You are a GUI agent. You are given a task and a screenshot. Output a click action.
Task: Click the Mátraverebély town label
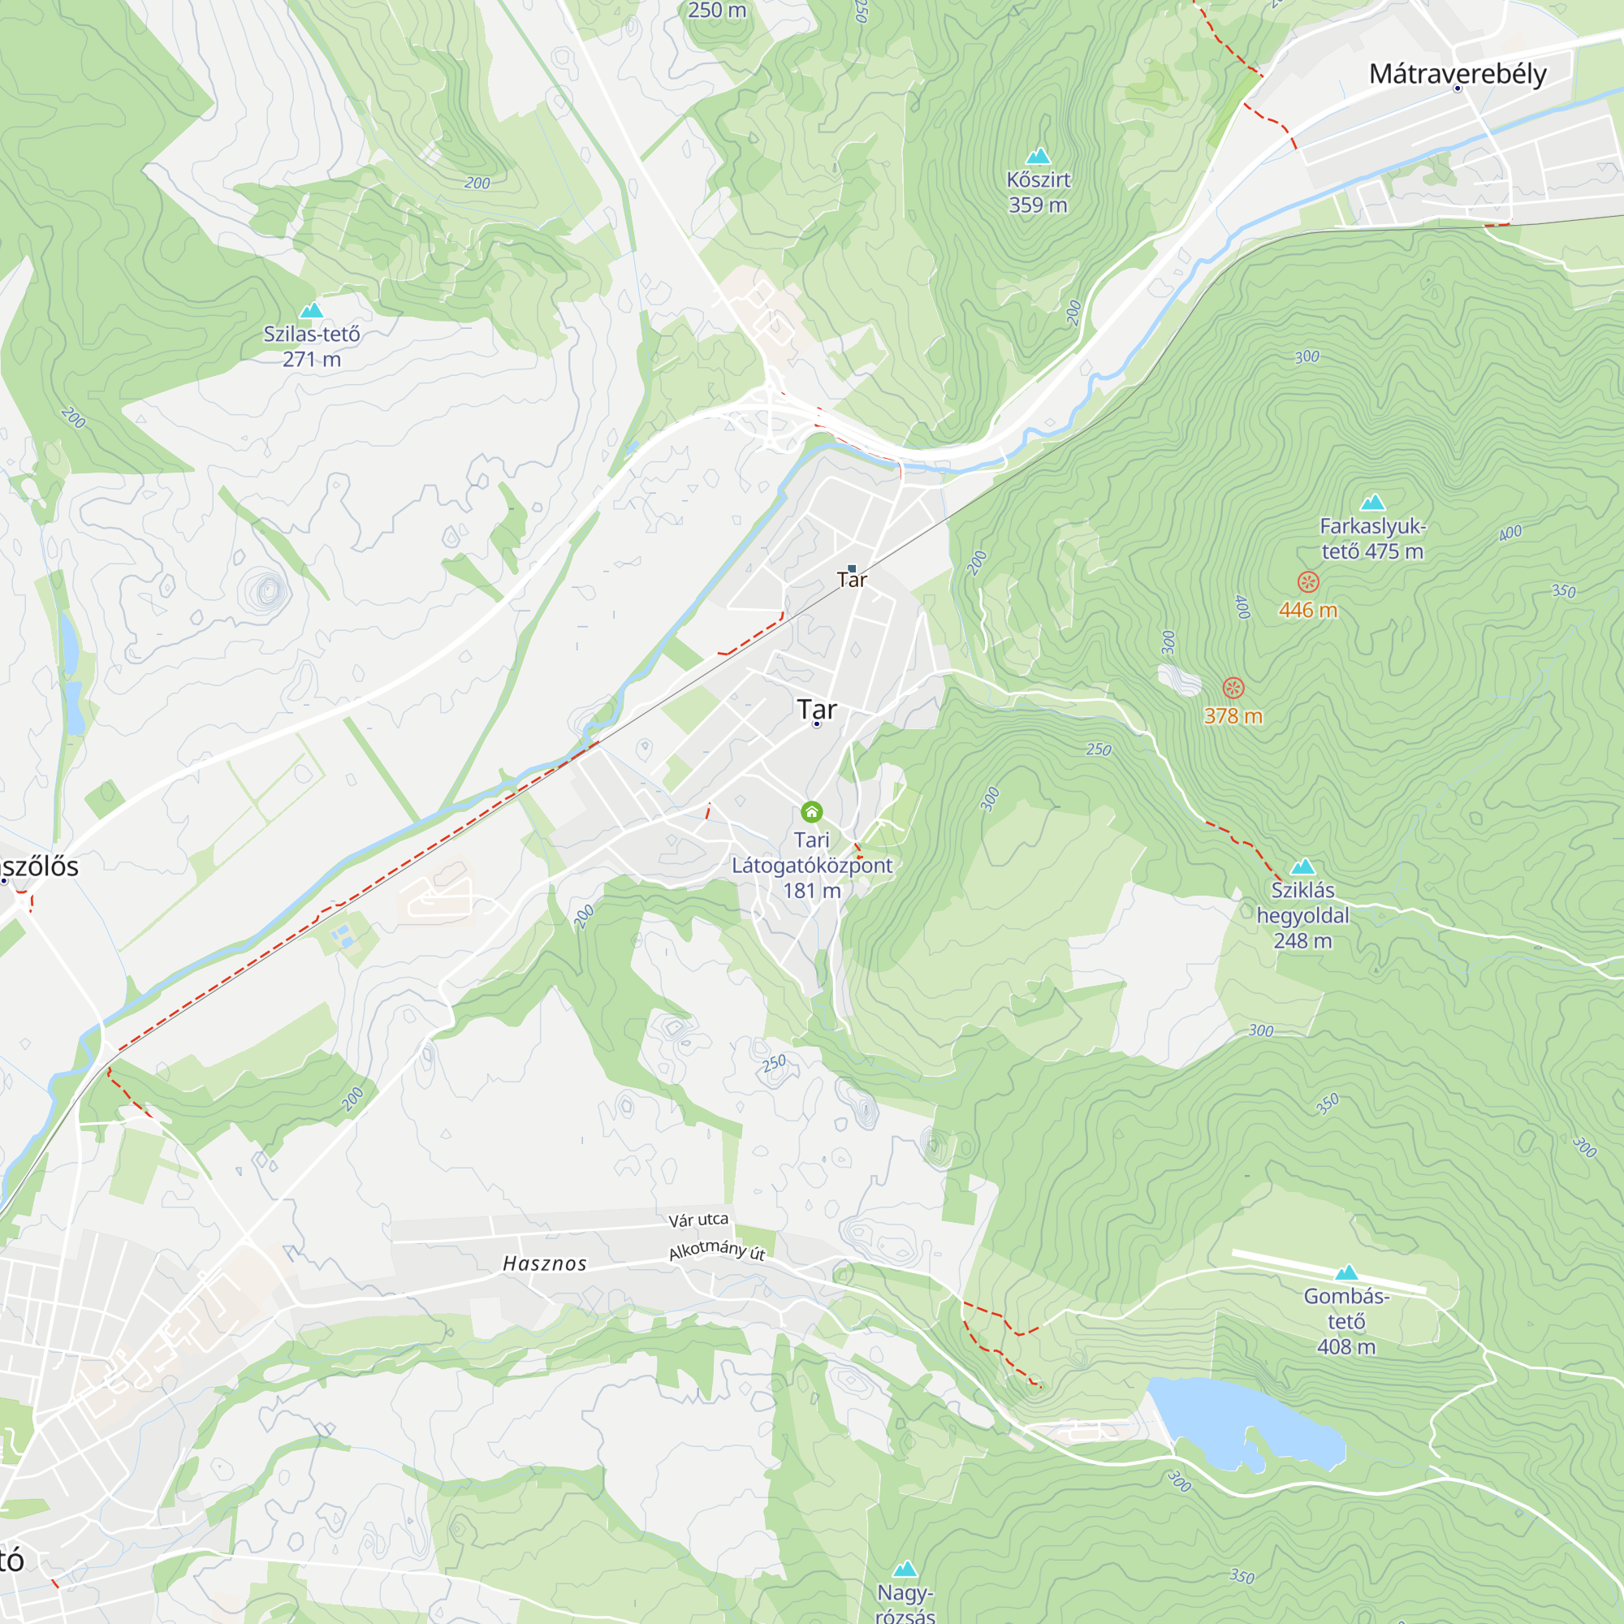(x=1458, y=73)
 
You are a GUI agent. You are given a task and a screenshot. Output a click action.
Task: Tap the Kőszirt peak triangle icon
(x=1038, y=157)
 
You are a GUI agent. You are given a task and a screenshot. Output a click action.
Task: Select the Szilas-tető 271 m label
(x=312, y=347)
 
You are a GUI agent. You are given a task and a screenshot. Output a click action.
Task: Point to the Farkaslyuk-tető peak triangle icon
(x=1372, y=503)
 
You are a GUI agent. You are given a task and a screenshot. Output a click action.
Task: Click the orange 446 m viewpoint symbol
(x=1308, y=581)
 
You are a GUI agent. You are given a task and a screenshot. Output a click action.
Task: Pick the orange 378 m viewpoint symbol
(x=1233, y=689)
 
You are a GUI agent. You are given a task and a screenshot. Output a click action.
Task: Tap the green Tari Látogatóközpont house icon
(x=811, y=812)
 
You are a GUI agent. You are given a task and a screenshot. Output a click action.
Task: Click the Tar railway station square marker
(x=852, y=569)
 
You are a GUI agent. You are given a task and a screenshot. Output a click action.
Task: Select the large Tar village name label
(x=817, y=709)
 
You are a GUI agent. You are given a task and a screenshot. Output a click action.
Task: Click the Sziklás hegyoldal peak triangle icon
(x=1303, y=866)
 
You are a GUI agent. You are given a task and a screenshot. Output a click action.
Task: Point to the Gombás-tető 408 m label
(x=1345, y=1320)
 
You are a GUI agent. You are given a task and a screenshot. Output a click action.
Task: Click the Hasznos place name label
(x=545, y=1263)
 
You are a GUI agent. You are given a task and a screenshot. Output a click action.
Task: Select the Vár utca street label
(x=698, y=1220)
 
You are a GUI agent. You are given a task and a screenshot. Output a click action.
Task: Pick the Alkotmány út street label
(x=717, y=1250)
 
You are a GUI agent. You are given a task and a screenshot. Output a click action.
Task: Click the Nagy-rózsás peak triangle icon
(x=905, y=1570)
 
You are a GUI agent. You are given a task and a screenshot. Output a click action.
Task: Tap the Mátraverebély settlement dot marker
(x=1458, y=89)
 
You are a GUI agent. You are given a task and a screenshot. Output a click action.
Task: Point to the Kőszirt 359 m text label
(x=1038, y=192)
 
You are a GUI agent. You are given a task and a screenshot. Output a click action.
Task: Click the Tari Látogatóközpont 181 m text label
(x=811, y=865)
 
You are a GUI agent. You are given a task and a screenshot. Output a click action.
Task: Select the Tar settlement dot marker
(x=817, y=723)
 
